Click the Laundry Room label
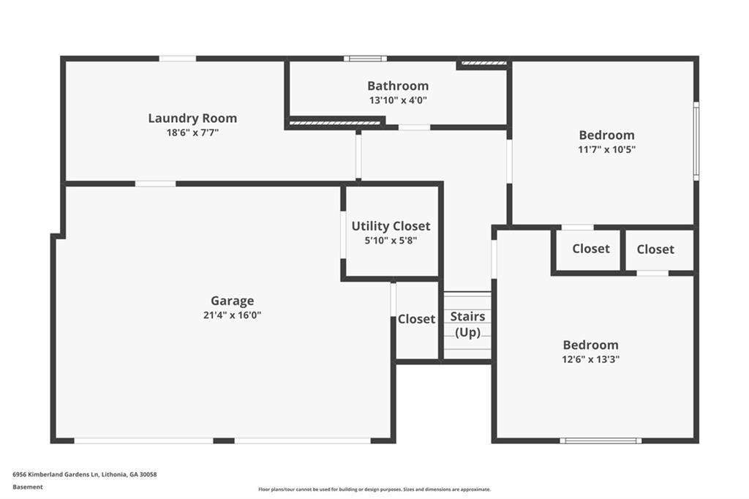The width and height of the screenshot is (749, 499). (x=192, y=118)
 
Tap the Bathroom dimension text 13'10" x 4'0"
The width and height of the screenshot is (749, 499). (x=397, y=100)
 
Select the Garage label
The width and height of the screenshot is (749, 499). (x=232, y=300)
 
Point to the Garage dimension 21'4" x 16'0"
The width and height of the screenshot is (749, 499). (x=232, y=315)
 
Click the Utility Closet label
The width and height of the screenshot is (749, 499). (x=391, y=225)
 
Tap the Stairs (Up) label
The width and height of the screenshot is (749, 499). (x=467, y=324)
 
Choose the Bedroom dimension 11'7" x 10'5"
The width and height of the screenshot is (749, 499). (x=606, y=150)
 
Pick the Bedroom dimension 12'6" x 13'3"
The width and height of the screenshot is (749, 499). (x=590, y=359)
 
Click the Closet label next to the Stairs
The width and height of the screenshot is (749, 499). (x=416, y=319)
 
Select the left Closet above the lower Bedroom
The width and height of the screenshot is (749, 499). (x=590, y=249)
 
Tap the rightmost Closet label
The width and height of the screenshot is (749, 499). (x=655, y=249)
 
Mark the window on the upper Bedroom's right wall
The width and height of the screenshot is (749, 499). (x=696, y=141)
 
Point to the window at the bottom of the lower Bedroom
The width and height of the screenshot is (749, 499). (x=601, y=440)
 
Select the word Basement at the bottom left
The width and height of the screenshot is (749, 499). (x=28, y=487)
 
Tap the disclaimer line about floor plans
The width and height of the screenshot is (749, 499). (x=374, y=489)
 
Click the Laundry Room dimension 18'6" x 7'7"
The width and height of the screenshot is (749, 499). (x=192, y=133)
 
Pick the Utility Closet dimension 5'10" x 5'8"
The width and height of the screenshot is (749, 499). (x=391, y=240)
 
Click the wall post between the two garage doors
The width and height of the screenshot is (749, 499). (x=224, y=440)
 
